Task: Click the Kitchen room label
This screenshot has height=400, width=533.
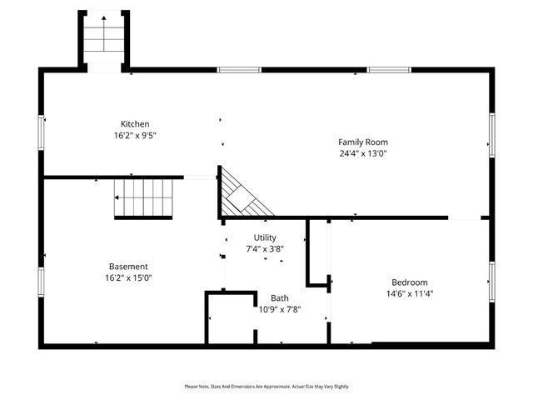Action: (x=135, y=124)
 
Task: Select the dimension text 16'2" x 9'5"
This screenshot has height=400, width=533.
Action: (x=135, y=135)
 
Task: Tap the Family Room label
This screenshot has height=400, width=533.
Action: (x=362, y=142)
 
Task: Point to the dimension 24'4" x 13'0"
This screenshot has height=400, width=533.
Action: (x=362, y=153)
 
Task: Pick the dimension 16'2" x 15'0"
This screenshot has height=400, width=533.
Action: (x=127, y=278)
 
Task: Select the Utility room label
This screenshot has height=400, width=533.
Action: (x=265, y=237)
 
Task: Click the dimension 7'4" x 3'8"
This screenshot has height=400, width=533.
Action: (x=265, y=248)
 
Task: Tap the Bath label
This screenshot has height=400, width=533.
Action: (x=279, y=297)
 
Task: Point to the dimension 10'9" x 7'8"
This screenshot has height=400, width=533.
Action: (x=279, y=308)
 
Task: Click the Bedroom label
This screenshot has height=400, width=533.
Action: (x=409, y=282)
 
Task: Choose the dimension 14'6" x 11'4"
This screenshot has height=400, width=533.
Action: (x=409, y=293)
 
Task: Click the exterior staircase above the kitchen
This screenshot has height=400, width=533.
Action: (x=104, y=39)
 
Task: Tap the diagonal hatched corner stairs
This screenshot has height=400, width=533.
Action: (x=243, y=193)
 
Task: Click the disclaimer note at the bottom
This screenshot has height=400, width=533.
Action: (x=266, y=387)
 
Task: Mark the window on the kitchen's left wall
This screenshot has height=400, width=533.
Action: (x=42, y=133)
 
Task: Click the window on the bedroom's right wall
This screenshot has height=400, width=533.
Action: (x=491, y=281)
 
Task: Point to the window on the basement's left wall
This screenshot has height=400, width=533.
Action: (x=42, y=281)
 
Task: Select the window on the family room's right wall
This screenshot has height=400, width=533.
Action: (x=491, y=135)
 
